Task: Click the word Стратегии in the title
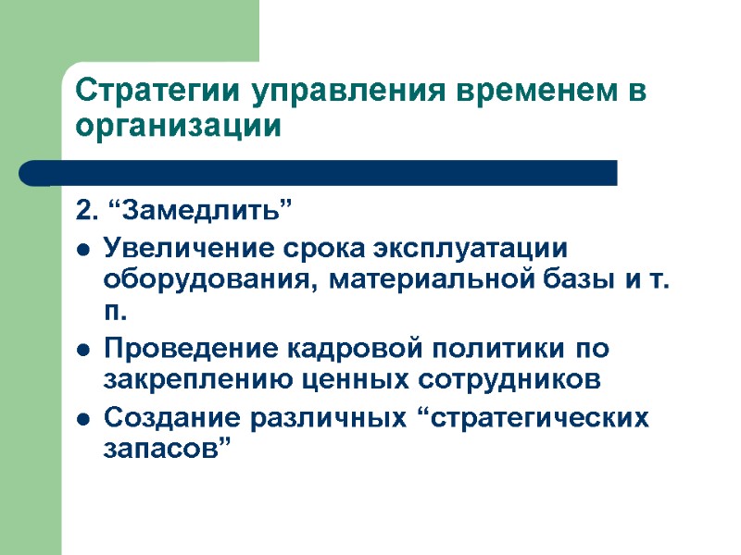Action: (x=158, y=92)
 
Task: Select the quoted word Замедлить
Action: (x=200, y=214)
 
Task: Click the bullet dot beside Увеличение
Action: (x=83, y=250)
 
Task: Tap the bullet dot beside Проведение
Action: (x=83, y=351)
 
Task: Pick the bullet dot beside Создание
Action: (x=83, y=420)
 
